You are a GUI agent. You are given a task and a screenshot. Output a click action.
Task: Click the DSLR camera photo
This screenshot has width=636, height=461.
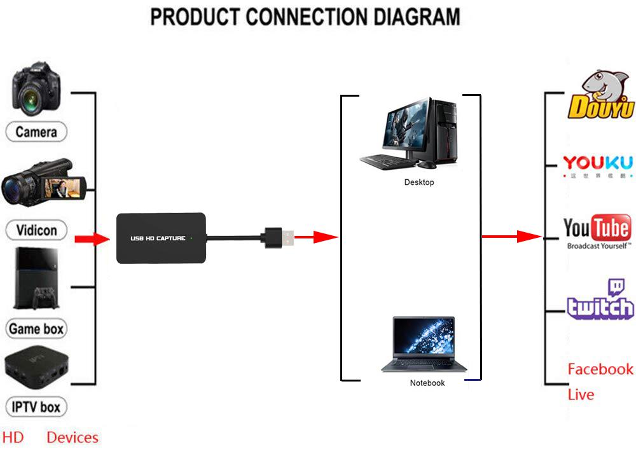click(36, 89)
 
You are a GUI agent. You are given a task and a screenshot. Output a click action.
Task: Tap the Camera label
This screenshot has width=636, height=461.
click(36, 132)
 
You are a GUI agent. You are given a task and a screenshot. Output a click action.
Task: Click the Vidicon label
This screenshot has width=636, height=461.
click(36, 230)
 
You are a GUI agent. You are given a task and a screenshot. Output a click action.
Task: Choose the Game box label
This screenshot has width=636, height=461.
click(36, 329)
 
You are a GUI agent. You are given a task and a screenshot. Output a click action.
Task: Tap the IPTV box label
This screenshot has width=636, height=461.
click(36, 406)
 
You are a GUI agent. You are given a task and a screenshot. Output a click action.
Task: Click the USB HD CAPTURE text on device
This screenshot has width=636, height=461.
click(158, 238)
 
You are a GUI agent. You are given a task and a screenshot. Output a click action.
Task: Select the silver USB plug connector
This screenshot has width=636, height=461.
click(286, 238)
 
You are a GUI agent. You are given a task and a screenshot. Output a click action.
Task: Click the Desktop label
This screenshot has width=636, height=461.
click(418, 182)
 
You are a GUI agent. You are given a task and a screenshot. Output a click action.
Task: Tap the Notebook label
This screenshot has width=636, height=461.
click(427, 383)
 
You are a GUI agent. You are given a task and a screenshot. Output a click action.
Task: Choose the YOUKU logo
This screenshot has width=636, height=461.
click(598, 164)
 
